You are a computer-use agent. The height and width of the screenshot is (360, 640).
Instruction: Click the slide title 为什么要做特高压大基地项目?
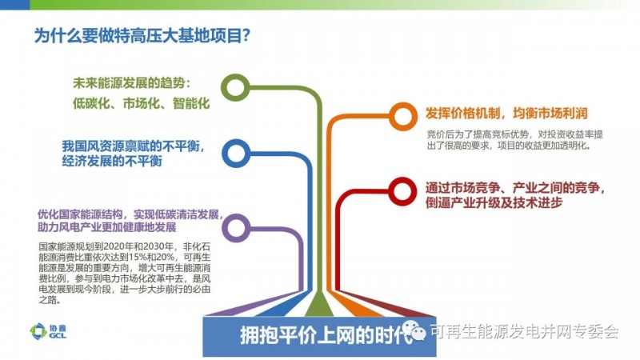[142, 35]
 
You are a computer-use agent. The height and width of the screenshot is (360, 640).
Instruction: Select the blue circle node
[226, 154]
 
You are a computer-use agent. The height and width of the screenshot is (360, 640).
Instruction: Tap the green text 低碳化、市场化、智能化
[142, 103]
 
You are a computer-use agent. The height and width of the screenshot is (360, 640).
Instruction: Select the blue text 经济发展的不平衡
[112, 161]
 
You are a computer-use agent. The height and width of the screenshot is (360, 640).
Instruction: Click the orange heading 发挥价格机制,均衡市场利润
[506, 113]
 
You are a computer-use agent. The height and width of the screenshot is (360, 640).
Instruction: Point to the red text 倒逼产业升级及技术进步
[494, 202]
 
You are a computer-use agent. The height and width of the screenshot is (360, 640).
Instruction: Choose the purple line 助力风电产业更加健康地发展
[107, 227]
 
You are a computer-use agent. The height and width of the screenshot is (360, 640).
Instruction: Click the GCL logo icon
[38, 331]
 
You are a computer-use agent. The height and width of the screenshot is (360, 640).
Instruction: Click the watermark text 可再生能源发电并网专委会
[525, 331]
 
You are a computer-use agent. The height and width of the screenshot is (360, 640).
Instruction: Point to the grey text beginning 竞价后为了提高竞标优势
[514, 140]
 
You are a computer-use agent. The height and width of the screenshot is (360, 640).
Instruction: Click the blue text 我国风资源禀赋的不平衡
[133, 146]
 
